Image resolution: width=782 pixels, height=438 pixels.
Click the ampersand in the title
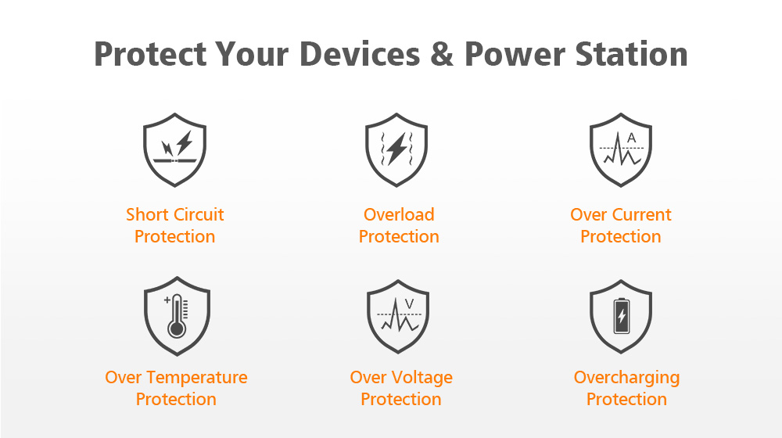click(x=442, y=54)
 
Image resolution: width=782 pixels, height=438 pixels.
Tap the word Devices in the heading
click(x=360, y=54)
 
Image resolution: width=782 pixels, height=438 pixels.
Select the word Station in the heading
click(x=631, y=54)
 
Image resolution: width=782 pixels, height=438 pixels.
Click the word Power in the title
click(x=515, y=54)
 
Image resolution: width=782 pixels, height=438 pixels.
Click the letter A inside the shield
click(x=631, y=138)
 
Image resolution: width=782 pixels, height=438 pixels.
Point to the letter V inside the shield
click(x=410, y=303)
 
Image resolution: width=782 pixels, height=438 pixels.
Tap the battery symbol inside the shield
click(x=622, y=315)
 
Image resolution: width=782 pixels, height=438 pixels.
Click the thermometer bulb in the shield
click(x=177, y=329)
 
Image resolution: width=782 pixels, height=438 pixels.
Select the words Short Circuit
click(x=174, y=214)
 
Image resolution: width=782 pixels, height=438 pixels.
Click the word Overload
click(x=399, y=214)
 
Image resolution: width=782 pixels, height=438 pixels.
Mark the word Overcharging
click(x=626, y=378)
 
